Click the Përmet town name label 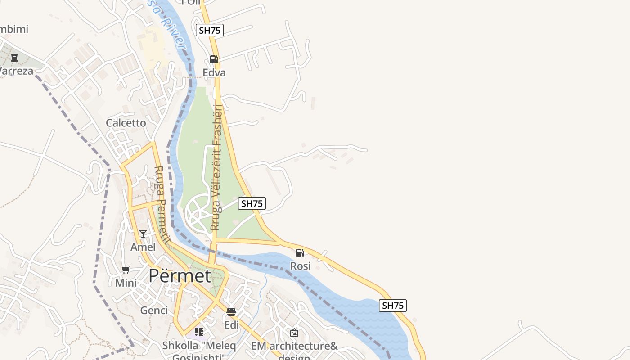(x=180, y=275)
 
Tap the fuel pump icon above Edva (x=214, y=59)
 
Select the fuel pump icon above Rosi (x=300, y=252)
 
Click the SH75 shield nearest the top (x=210, y=30)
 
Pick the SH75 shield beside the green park (x=252, y=203)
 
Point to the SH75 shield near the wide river (x=392, y=306)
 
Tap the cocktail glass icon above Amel (x=143, y=234)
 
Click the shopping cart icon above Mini (x=126, y=270)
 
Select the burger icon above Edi (x=231, y=311)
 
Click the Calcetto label (x=126, y=123)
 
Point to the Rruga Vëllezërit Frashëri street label (x=217, y=167)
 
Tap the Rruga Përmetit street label (x=161, y=205)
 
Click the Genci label (x=154, y=310)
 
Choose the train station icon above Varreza (x=14, y=57)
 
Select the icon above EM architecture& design (x=294, y=333)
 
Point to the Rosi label (x=300, y=266)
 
